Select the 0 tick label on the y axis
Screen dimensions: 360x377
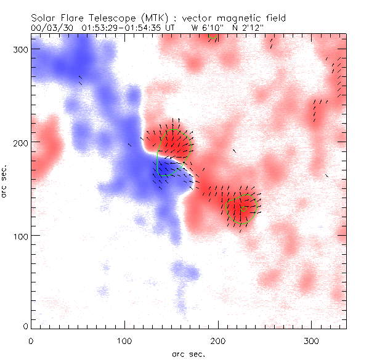point(25,326)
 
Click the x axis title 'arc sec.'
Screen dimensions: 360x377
point(188,354)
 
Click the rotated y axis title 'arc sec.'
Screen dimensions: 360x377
point(7,181)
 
